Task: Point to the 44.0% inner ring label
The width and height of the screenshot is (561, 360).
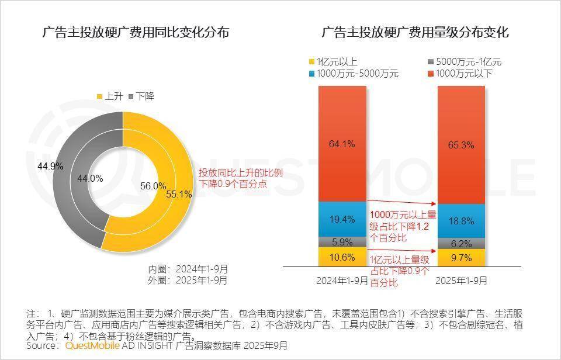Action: [90, 178]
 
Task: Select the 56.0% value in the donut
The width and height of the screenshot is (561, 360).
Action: [153, 186]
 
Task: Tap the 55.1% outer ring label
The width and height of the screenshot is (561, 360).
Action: [179, 195]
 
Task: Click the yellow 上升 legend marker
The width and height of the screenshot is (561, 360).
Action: [99, 96]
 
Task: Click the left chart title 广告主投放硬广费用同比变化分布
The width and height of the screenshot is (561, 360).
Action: [136, 33]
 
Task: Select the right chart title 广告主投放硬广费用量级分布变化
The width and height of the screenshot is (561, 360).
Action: [415, 33]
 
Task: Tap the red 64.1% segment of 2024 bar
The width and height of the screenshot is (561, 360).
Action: [342, 143]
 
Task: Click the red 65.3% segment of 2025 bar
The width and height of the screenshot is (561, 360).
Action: [462, 145]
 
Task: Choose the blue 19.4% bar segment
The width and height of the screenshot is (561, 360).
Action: [342, 219]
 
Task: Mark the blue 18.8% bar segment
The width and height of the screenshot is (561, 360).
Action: [462, 220]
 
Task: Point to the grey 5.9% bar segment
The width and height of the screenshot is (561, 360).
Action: [342, 241]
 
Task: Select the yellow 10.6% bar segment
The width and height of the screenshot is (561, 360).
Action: [342, 257]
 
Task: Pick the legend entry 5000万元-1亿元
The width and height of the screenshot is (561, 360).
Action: [467, 61]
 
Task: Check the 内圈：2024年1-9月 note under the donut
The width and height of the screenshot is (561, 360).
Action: [188, 269]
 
